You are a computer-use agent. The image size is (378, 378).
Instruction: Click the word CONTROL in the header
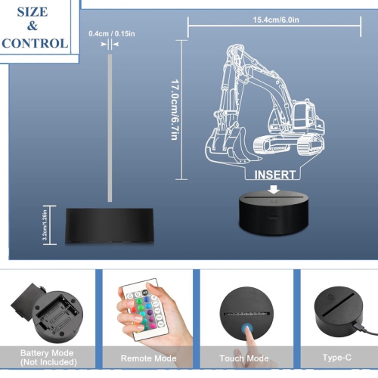pyautogui.click(x=34, y=42)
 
